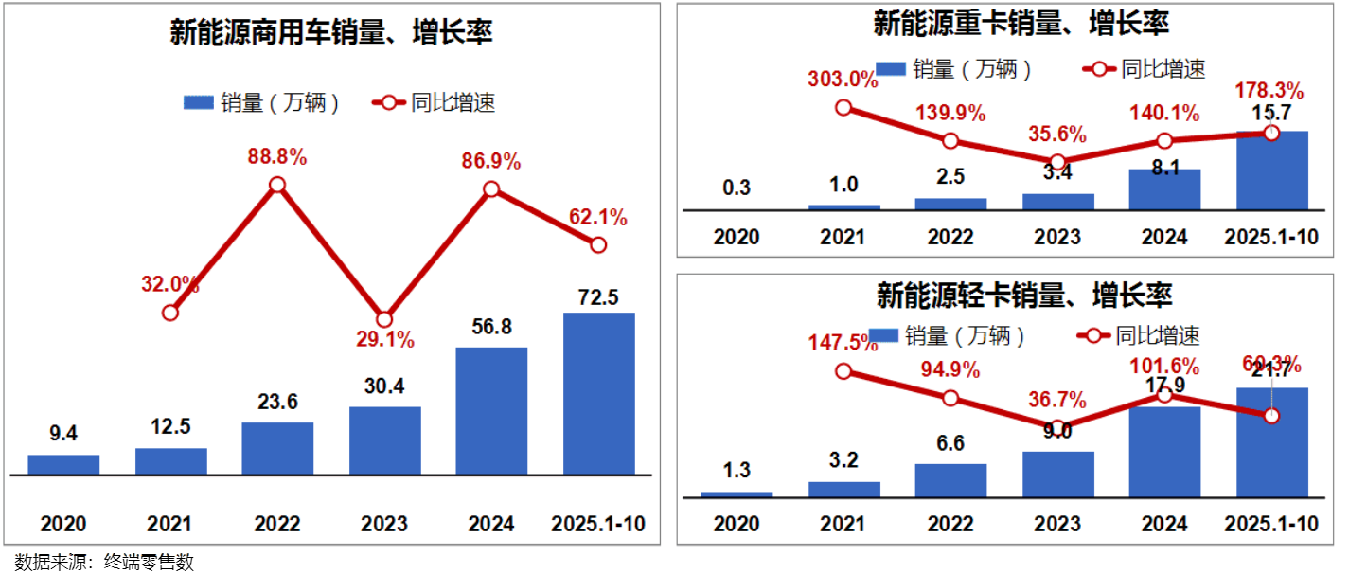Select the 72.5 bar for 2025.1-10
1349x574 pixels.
click(x=598, y=393)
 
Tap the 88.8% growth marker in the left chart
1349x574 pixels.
click(x=276, y=185)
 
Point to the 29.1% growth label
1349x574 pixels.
click(x=383, y=339)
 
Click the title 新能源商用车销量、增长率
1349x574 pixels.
click(x=331, y=33)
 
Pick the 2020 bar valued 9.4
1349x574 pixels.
click(x=63, y=464)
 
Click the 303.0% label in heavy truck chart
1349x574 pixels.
click(x=843, y=80)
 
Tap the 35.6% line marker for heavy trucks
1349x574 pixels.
click(x=1058, y=162)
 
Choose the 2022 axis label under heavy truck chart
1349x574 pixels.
click(x=950, y=236)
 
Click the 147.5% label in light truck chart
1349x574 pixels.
click(x=843, y=342)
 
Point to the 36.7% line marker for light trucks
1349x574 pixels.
click(x=1058, y=428)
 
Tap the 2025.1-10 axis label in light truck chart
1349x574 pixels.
click(x=1271, y=524)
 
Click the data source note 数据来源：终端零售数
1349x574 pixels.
click(x=105, y=562)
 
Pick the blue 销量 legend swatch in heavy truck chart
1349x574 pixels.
click(x=890, y=69)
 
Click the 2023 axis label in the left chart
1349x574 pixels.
click(x=383, y=524)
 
